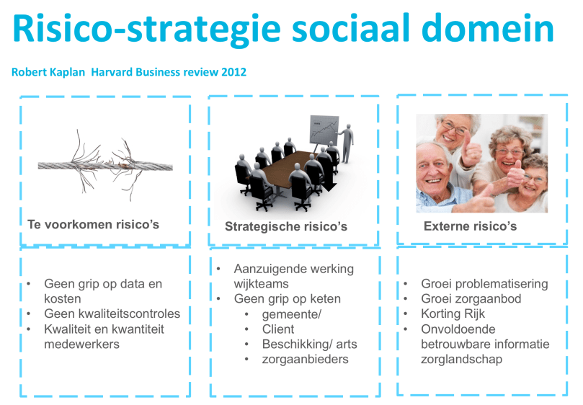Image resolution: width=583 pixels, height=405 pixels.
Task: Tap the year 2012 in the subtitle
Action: pyautogui.click(x=233, y=72)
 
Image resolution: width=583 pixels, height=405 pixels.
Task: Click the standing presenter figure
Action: pyautogui.click(x=347, y=143)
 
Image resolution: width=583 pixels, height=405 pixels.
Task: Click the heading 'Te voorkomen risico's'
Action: pyautogui.click(x=94, y=225)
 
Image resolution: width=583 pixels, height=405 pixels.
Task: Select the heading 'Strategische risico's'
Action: pyautogui.click(x=286, y=226)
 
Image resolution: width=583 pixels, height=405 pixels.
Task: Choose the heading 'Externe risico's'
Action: pyautogui.click(x=471, y=226)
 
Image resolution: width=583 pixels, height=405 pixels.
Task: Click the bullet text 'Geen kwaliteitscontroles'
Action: pyautogui.click(x=112, y=314)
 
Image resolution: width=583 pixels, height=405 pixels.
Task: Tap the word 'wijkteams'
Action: pyautogui.click(x=261, y=284)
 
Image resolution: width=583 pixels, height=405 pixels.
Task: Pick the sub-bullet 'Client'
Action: pyautogui.click(x=277, y=329)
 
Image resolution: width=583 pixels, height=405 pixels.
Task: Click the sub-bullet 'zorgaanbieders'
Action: pyautogui.click(x=306, y=360)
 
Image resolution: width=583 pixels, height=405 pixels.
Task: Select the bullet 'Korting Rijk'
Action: pyautogui.click(x=453, y=314)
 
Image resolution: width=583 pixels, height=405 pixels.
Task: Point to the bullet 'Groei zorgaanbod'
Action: pyautogui.click(x=471, y=299)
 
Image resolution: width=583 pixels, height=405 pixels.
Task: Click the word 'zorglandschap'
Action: pyautogui.click(x=461, y=360)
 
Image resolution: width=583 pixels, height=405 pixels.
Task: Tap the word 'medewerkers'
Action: pyautogui.click(x=82, y=344)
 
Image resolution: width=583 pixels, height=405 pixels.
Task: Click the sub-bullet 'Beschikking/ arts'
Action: pyautogui.click(x=309, y=344)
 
